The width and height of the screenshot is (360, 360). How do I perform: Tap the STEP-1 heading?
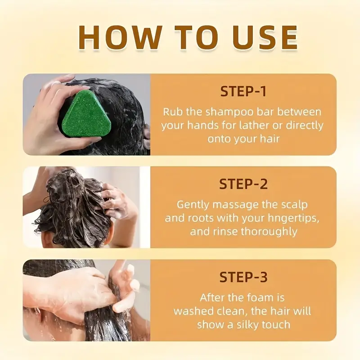click(243, 91)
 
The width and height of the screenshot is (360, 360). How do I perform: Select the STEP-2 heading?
click(243, 184)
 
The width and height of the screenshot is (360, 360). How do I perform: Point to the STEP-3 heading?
click(243, 277)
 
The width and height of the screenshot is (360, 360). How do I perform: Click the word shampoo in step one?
click(220, 112)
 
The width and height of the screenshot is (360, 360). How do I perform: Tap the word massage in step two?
click(236, 204)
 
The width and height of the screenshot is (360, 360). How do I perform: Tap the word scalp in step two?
click(293, 204)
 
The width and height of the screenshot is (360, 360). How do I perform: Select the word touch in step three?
click(276, 324)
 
